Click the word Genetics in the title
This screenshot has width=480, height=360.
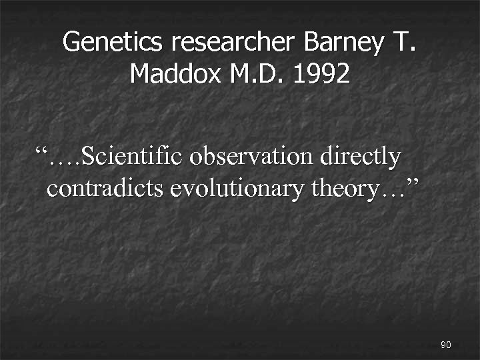pyautogui.click(x=112, y=43)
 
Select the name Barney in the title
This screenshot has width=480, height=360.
pyautogui.click(x=344, y=43)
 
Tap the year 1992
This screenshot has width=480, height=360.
pyautogui.click(x=322, y=73)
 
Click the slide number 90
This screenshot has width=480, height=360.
pyautogui.click(x=446, y=345)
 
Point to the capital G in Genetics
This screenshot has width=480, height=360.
pyautogui.click(x=71, y=43)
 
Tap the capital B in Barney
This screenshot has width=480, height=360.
pyautogui.click(x=312, y=43)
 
